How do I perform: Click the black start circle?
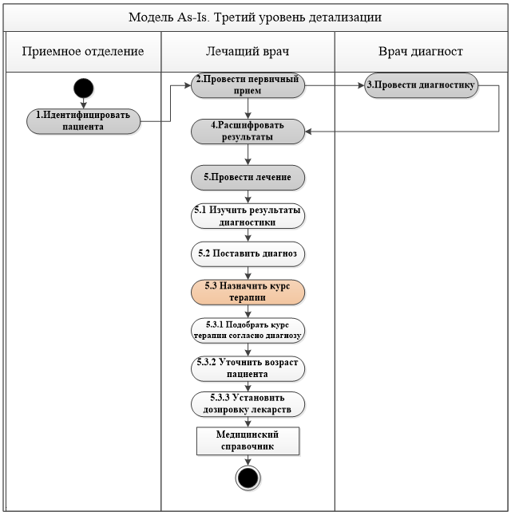click(x=84, y=88)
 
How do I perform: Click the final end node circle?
click(x=248, y=478)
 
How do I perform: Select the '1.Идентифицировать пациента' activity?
click(x=83, y=121)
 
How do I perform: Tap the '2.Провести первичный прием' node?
click(x=248, y=85)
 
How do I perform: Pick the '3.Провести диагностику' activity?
click(x=421, y=85)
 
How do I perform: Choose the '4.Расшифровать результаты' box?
click(x=248, y=132)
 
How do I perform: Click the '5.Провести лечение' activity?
click(x=248, y=177)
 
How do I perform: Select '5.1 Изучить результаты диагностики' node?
click(x=248, y=216)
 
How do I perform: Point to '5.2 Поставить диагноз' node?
click(x=248, y=254)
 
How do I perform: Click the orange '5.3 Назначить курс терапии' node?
click(x=248, y=292)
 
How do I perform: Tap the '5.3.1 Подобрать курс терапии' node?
click(x=248, y=330)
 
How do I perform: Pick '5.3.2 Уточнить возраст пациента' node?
click(x=248, y=368)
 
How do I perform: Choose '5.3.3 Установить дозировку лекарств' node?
click(x=248, y=404)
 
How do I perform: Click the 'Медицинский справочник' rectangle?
click(x=248, y=441)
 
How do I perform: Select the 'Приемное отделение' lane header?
click(x=83, y=52)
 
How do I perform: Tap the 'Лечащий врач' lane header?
click(x=248, y=52)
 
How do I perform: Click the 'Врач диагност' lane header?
click(x=421, y=52)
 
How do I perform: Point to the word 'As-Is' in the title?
click(x=192, y=17)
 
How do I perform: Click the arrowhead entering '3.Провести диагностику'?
click(x=361, y=85)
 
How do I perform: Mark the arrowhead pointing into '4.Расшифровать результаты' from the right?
click(x=308, y=132)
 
